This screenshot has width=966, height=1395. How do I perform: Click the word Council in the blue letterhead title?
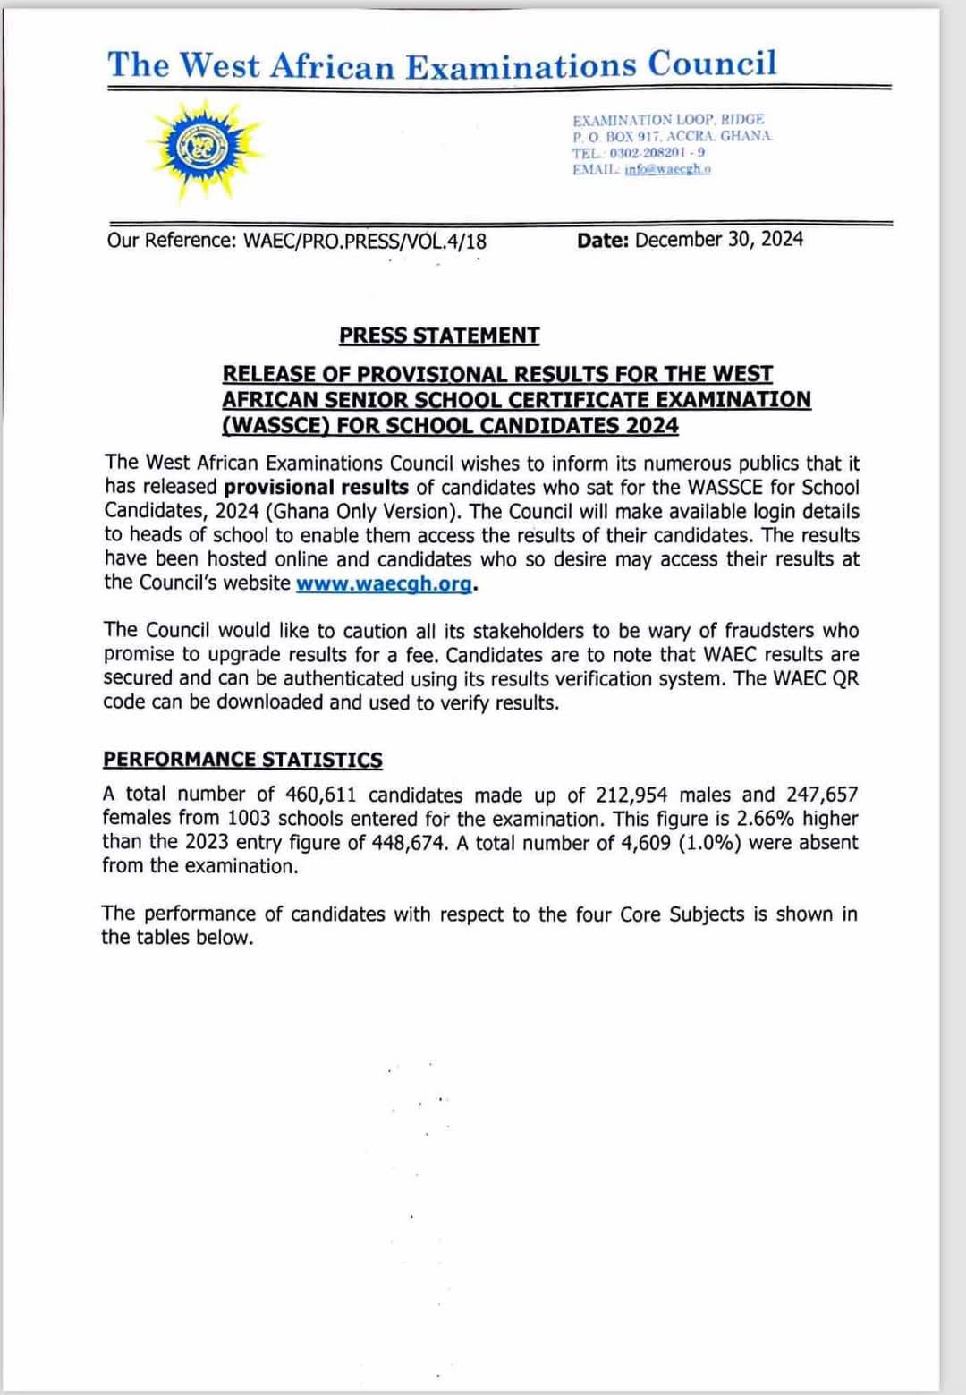[712, 64]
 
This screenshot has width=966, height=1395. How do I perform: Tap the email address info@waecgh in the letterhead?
[667, 170]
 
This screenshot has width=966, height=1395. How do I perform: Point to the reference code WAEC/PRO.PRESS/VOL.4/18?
[365, 241]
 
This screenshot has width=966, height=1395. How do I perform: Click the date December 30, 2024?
[719, 239]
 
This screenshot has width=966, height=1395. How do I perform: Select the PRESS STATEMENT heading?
[439, 336]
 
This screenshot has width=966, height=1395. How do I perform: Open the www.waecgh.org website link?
[384, 583]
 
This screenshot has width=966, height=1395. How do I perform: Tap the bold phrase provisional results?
[316, 488]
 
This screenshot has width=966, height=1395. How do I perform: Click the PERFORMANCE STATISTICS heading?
[242, 760]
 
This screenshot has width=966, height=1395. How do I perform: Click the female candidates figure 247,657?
[822, 795]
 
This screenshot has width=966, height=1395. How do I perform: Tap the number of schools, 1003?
[248, 819]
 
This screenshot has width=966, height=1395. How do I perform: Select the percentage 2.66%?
[766, 819]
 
